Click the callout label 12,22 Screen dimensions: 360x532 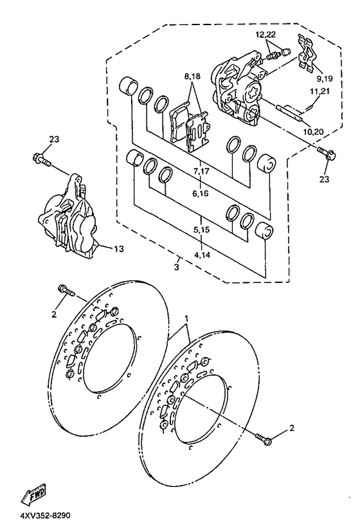tap(265, 34)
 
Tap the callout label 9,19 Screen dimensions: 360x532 tap(325, 78)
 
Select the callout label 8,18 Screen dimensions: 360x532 tap(192, 77)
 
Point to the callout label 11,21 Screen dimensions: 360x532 tap(319, 91)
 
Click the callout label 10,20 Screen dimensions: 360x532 tap(314, 132)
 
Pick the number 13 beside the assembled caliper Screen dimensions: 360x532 tap(119, 249)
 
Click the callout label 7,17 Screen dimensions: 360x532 tap(202, 171)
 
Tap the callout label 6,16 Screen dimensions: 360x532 tap(201, 194)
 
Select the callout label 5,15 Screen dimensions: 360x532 tap(202, 230)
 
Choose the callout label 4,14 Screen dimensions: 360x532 tap(202, 254)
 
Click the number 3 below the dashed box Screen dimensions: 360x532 tap(176, 267)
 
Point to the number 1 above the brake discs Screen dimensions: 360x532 tap(186, 318)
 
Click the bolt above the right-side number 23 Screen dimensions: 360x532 tap(327, 152)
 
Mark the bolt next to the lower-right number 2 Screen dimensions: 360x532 tap(264, 439)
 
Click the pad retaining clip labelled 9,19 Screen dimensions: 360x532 tap(308, 53)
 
